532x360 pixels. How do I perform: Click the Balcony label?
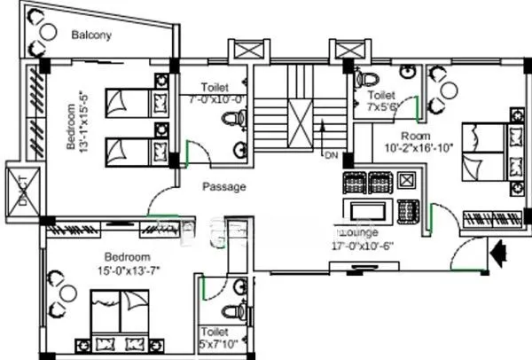(x=92, y=35)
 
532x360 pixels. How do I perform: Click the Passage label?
(x=223, y=187)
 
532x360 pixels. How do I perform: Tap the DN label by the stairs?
(x=332, y=156)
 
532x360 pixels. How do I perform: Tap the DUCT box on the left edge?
(x=17, y=188)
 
